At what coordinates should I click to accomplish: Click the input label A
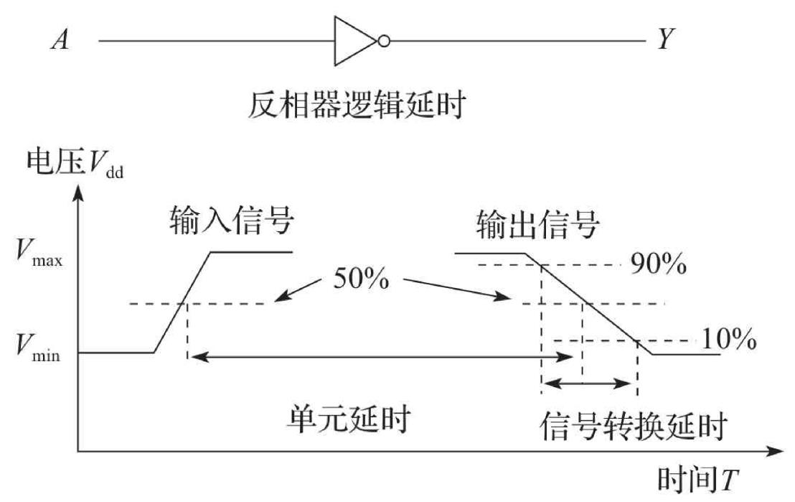[59, 40]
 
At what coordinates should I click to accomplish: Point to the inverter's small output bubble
[385, 41]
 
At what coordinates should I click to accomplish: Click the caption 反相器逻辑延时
[359, 106]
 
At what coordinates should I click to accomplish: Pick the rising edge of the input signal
[182, 302]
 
